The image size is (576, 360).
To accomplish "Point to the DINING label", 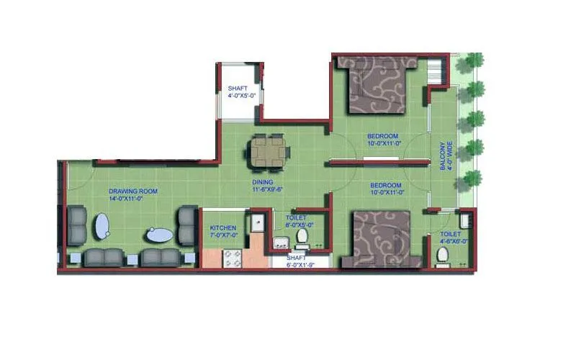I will click(261, 183).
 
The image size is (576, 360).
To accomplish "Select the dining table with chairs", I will click(269, 150).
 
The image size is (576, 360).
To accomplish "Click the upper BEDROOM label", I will click(382, 137).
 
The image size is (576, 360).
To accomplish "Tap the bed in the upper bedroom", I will click(378, 86).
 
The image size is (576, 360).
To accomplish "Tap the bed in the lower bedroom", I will click(380, 239).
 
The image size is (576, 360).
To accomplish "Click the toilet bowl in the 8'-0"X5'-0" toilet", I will click(303, 237).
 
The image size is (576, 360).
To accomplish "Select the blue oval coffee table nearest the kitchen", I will click(158, 235).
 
